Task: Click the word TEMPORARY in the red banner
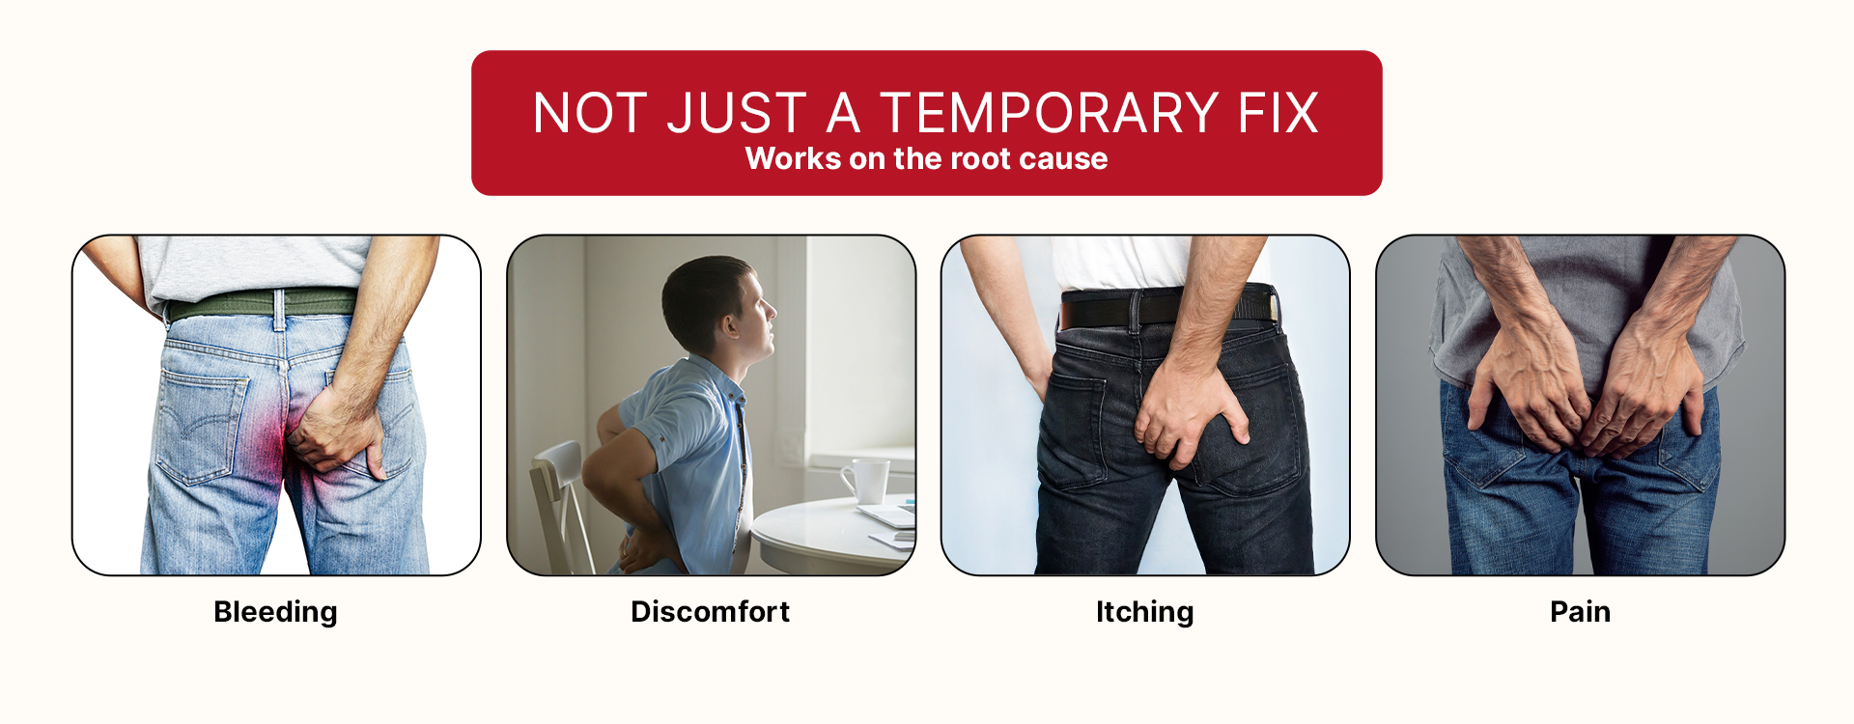click(1051, 113)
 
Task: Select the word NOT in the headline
click(590, 113)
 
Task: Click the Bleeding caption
click(275, 612)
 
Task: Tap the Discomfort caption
click(710, 611)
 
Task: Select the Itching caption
click(1144, 612)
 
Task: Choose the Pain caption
click(1580, 611)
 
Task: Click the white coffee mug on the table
click(867, 481)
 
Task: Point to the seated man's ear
click(726, 321)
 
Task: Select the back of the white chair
click(560, 502)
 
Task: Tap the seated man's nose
click(771, 310)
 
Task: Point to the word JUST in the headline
click(737, 113)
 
